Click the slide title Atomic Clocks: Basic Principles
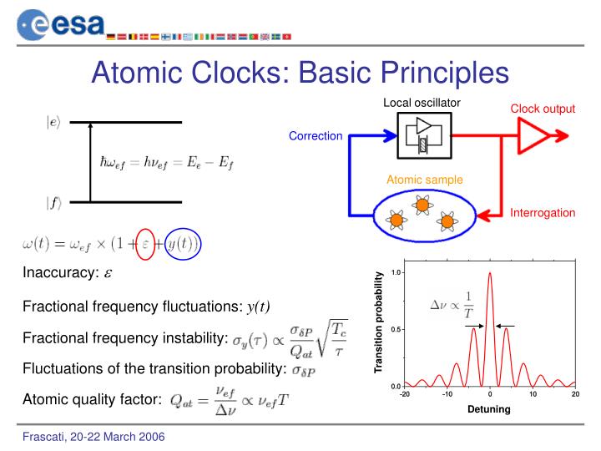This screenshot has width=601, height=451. point(300,69)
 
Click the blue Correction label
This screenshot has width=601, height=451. point(316,136)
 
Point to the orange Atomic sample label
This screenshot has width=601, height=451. point(424,180)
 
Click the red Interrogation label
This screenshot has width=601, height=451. point(543,213)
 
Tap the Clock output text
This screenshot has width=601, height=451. point(543,109)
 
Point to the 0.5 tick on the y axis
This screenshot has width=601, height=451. point(396,329)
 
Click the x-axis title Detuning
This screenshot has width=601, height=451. point(489,409)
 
